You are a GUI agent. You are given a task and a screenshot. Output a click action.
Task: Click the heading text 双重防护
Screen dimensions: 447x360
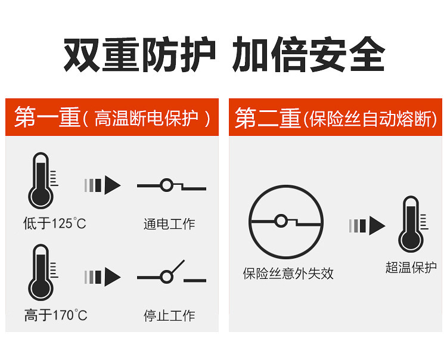click(x=139, y=55)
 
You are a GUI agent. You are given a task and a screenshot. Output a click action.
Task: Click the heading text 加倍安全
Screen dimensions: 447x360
click(x=308, y=55)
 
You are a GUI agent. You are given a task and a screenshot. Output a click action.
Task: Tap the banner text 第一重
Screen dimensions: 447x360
click(x=47, y=118)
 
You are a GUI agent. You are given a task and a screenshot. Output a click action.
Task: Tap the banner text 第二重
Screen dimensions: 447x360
click(x=268, y=118)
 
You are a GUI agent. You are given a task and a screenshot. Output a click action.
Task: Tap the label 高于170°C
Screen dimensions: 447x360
click(x=55, y=315)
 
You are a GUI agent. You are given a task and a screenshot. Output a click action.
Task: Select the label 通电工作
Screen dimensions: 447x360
click(x=169, y=224)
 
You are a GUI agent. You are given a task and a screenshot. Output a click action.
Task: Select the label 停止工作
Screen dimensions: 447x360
click(x=169, y=315)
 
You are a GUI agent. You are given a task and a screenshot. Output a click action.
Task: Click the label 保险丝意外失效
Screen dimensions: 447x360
click(x=288, y=274)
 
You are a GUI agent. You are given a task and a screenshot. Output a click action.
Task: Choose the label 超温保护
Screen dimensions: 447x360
click(x=411, y=268)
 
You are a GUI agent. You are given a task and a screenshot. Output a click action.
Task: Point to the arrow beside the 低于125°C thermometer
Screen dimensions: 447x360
click(x=103, y=185)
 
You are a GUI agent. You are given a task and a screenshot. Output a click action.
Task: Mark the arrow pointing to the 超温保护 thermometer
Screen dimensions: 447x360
click(x=367, y=225)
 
